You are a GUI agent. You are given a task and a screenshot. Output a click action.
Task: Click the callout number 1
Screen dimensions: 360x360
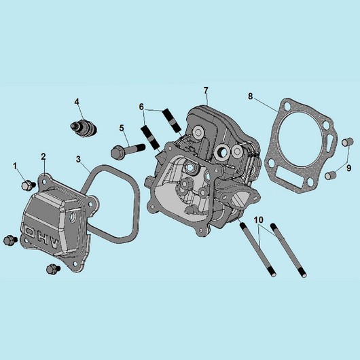coord(15,166)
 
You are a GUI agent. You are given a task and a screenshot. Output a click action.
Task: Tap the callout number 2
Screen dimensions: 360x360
coord(43,157)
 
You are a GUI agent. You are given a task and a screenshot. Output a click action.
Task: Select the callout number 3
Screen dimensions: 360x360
coord(79,159)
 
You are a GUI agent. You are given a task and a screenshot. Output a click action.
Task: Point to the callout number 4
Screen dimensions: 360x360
coord(77,102)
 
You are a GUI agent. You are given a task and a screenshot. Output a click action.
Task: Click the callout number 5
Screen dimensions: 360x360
coord(122,128)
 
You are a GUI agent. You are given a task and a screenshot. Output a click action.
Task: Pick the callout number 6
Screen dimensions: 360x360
coord(141,107)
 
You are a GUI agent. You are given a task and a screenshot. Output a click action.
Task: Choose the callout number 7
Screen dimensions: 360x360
coord(206,90)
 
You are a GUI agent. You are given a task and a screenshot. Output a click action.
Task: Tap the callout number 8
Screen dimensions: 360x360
coord(250,96)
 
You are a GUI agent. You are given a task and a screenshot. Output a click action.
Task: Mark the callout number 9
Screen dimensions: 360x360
coord(348,168)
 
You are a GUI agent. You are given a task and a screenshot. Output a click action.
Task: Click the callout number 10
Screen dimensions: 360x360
coord(259,220)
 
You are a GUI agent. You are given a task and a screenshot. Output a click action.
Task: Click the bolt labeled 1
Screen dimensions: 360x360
coord(29,185)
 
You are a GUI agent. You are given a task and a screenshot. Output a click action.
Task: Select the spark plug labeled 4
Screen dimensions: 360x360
coord(84,128)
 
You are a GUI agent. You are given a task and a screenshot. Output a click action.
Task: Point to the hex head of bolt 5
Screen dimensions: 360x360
coord(117,152)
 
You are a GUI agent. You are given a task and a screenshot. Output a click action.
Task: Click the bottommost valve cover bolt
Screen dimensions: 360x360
coord(53,269)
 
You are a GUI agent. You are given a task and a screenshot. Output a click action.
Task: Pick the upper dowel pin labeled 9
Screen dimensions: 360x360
coord(346,141)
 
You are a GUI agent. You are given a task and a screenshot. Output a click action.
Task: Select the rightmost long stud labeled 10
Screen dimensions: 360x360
coord(289,250)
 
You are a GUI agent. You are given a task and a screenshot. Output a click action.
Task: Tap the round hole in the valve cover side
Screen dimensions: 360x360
coord(73,217)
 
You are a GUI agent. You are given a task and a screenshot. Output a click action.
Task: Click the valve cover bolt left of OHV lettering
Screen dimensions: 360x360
coord(11,240)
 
